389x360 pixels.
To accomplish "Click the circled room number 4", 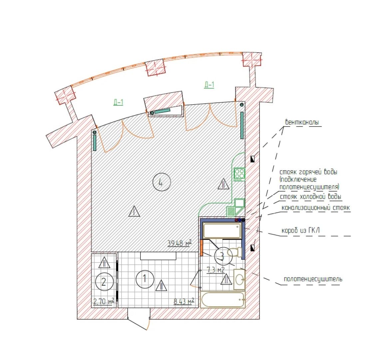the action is [x=162, y=182].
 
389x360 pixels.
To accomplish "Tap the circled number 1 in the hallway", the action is [x=145, y=279].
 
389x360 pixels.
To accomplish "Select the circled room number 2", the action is [x=104, y=282].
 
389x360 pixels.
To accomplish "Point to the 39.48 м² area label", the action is [x=180, y=243].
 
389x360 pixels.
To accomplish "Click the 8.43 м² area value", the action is [x=184, y=301].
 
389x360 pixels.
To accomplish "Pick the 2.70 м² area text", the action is [x=104, y=301].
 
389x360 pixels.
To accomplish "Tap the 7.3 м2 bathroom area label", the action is [x=215, y=270].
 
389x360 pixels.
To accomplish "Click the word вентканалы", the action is [x=302, y=122].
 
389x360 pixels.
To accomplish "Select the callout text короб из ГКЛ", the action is [x=300, y=231].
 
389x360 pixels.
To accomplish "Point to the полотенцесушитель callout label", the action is [x=313, y=279].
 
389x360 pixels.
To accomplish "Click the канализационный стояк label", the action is [x=316, y=208].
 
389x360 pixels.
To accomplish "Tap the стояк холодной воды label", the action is [x=311, y=197].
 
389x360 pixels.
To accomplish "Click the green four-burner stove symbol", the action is [x=239, y=174].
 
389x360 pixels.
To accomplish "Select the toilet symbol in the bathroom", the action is [x=235, y=252].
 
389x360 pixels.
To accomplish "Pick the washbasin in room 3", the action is [x=239, y=280].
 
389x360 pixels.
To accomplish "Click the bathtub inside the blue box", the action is [x=222, y=230].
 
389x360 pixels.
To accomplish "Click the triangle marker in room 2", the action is [x=104, y=262].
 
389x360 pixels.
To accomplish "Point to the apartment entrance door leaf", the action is [x=138, y=324].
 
